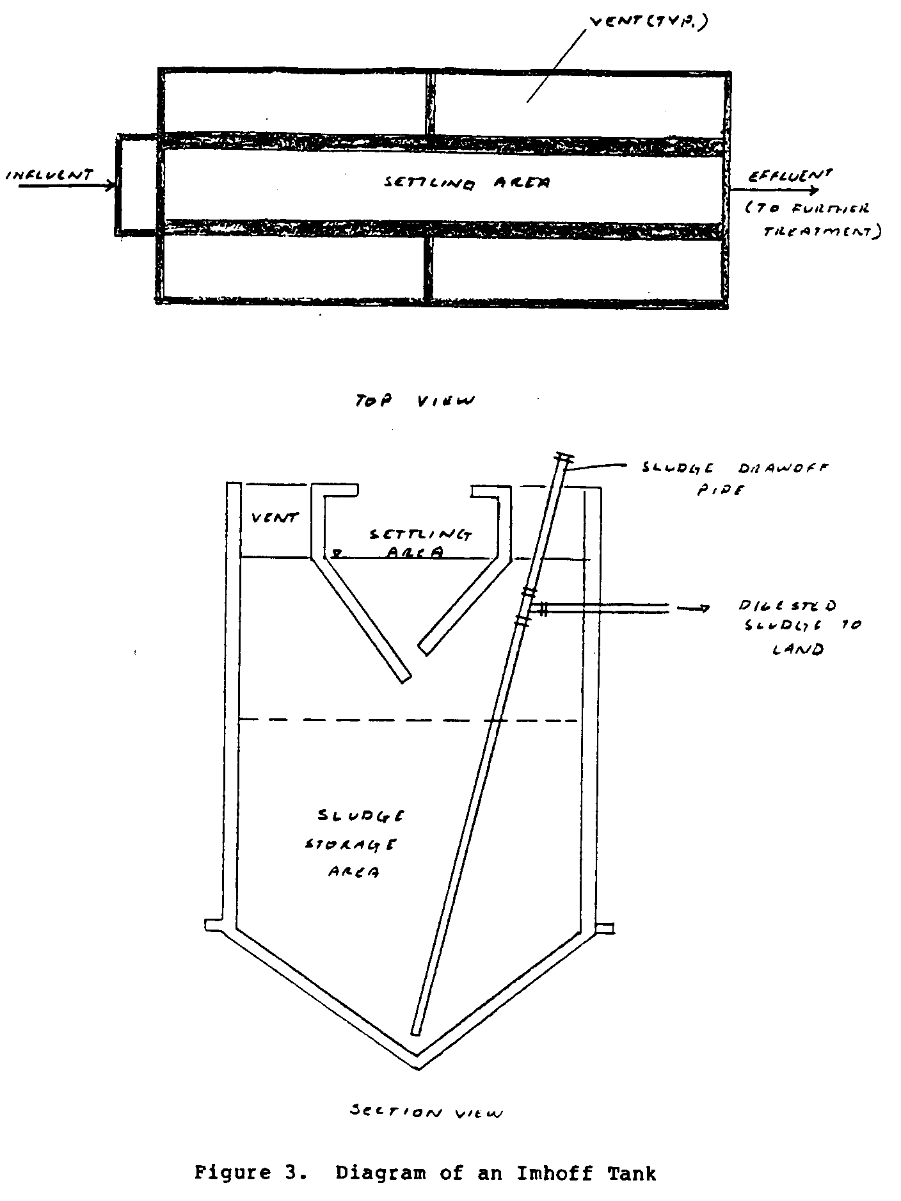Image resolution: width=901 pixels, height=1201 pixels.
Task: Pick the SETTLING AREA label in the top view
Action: click(x=467, y=183)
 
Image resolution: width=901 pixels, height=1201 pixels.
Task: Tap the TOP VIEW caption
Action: click(x=415, y=401)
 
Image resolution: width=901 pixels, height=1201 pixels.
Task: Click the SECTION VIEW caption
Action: click(x=426, y=1113)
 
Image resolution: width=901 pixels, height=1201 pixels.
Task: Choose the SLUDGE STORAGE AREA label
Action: click(x=350, y=844)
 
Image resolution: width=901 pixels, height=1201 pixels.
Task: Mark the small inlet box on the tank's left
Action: click(x=136, y=184)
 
